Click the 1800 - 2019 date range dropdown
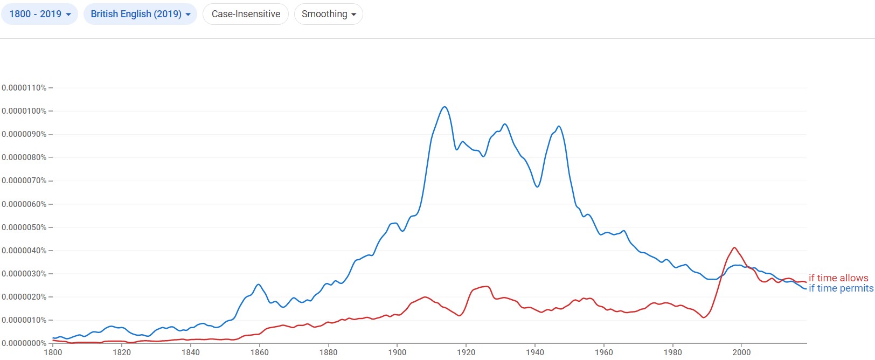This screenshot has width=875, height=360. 40,14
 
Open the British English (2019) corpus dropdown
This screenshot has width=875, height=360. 140,14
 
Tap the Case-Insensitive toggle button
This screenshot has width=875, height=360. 246,14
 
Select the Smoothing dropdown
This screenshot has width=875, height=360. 329,14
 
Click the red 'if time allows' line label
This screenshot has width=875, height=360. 838,278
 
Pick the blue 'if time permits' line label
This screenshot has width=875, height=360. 841,288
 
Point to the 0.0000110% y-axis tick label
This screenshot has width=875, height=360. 24,88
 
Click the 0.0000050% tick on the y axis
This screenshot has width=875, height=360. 24,227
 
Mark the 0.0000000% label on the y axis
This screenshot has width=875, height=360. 24,343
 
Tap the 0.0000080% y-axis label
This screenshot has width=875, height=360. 24,157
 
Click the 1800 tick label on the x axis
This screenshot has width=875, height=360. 53,352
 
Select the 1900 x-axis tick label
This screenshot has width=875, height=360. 397,352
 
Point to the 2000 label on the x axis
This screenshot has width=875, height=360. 742,352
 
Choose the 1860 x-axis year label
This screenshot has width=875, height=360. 259,352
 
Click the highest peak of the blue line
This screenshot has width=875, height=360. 445,107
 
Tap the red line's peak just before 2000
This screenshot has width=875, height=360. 734,247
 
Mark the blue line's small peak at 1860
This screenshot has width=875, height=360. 259,284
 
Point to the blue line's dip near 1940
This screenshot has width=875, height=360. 537,186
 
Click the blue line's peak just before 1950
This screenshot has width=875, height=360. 559,126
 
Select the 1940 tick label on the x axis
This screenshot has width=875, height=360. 535,352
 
